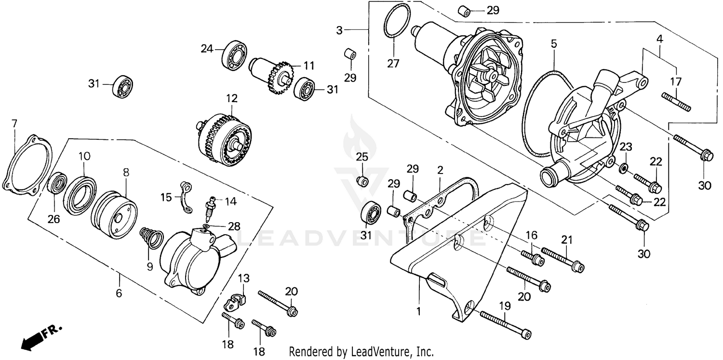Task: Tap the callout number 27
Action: [x=393, y=62]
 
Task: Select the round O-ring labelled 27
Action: [x=396, y=20]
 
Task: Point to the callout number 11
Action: [x=308, y=65]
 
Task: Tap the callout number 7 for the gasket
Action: [x=14, y=123]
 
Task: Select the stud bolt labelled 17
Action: [x=676, y=102]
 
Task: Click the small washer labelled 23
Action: [x=623, y=168]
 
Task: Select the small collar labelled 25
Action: [x=362, y=181]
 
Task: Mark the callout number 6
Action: [x=119, y=293]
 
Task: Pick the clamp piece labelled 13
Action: [x=236, y=302]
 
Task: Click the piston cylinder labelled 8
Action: [x=114, y=214]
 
